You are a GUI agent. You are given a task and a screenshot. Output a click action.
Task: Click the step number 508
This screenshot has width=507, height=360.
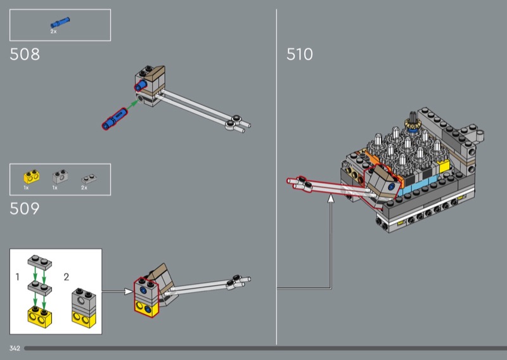pyautogui.click(x=25, y=55)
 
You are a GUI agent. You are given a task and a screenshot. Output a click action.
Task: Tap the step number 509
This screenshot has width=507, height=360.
pyautogui.click(x=25, y=209)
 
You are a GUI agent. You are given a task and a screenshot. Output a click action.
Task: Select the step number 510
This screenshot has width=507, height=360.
pyautogui.click(x=299, y=55)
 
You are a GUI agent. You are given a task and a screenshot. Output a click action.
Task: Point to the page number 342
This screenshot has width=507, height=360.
pyautogui.click(x=15, y=349)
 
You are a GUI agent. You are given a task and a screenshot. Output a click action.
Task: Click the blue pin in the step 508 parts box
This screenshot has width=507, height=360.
pyautogui.click(x=60, y=22)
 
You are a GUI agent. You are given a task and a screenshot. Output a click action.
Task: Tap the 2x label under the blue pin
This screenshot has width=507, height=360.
pyautogui.click(x=53, y=32)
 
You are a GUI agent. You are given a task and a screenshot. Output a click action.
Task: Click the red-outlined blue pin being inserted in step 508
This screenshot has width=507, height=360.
pyautogui.click(x=115, y=119)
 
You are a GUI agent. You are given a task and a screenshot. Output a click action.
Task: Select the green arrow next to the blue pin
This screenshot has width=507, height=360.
pyautogui.click(x=132, y=104)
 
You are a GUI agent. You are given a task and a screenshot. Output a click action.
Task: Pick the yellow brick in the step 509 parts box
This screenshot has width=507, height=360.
pyautogui.click(x=31, y=176)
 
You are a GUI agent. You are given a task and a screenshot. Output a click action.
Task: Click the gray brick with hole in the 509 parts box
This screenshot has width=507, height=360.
pyautogui.click(x=60, y=177)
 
